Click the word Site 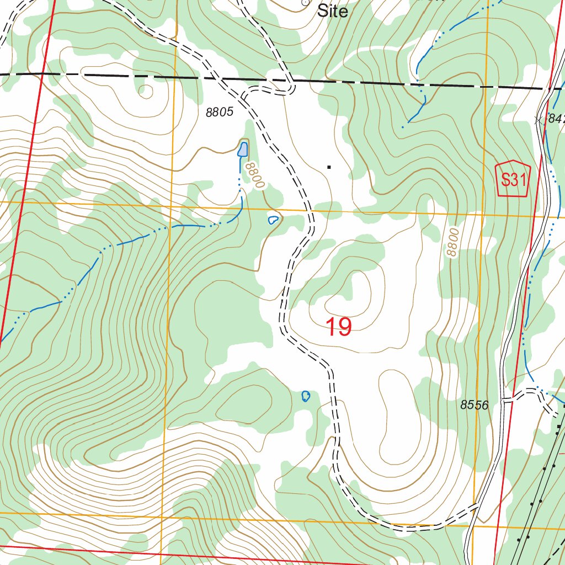coord(333,11)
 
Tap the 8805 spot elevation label coord(220,113)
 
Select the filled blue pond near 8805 coord(242,148)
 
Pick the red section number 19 coord(338,327)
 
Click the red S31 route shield coord(513,179)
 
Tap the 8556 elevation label coord(474,405)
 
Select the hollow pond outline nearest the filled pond coord(272,220)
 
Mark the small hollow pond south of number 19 coord(306,396)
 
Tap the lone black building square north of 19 coord(329,166)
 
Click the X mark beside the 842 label coord(539,120)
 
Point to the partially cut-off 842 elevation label coord(556,119)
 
